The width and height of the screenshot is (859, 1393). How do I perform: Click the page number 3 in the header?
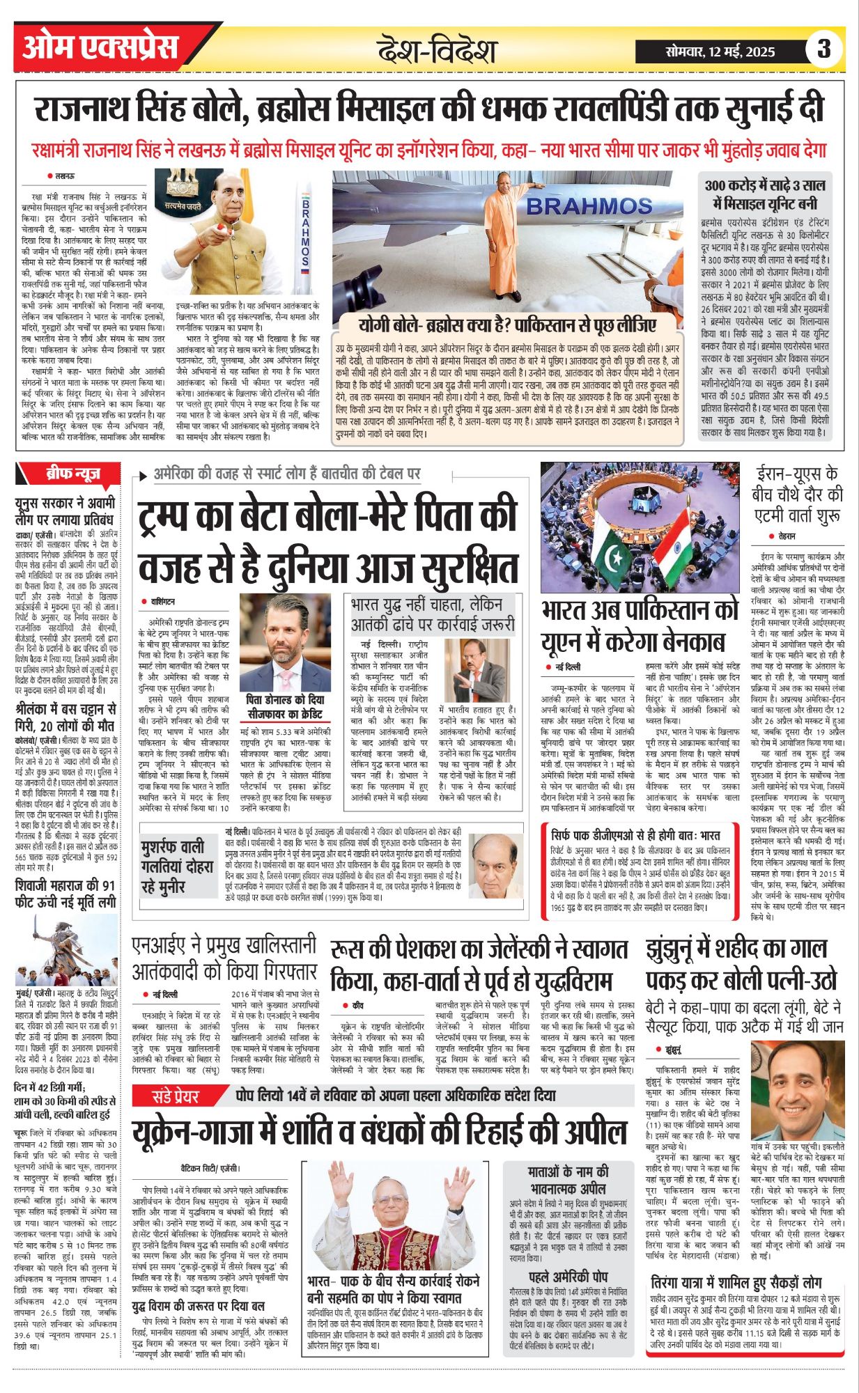point(824,49)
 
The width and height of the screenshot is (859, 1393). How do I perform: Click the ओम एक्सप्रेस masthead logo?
point(100,47)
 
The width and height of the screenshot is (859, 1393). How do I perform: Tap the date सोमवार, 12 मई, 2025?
point(720,52)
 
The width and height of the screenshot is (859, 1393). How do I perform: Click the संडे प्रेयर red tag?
point(176,1096)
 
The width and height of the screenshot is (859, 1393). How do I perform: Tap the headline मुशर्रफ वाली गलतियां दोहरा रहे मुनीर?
point(173,867)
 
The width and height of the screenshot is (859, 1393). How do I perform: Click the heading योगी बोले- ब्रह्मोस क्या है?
point(507,325)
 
